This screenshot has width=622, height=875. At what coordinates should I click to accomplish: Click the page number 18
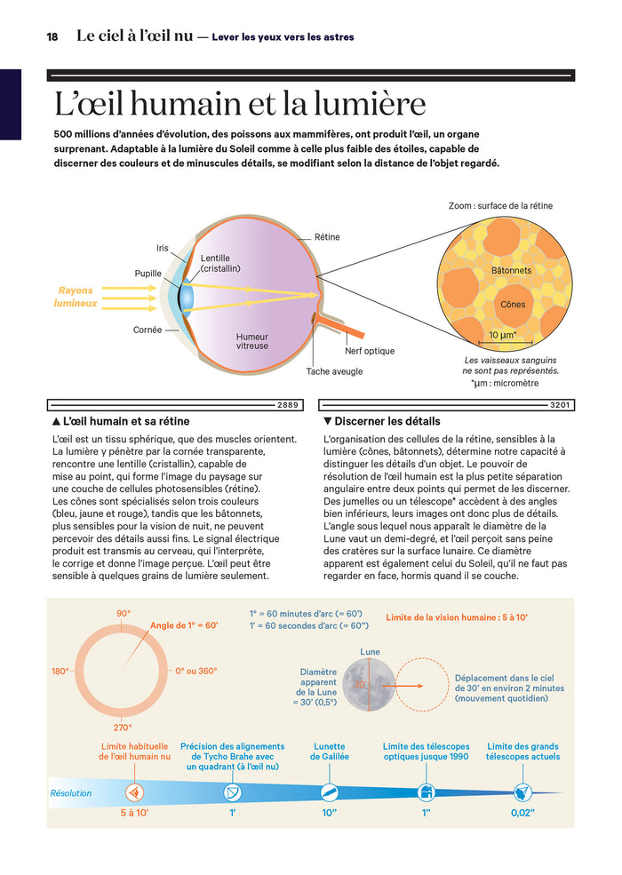pyautogui.click(x=52, y=36)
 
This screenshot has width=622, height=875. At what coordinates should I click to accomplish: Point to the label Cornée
pyautogui.click(x=148, y=330)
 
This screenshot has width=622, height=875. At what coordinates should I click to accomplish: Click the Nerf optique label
pyautogui.click(x=370, y=351)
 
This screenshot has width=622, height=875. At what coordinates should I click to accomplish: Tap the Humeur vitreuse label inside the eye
pyautogui.click(x=251, y=342)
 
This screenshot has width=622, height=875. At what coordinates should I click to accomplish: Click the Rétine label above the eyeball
pyautogui.click(x=327, y=237)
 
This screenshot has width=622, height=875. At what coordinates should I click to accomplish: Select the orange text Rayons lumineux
pyautogui.click(x=76, y=297)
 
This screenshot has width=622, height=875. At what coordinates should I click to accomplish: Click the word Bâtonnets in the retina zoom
pyautogui.click(x=511, y=269)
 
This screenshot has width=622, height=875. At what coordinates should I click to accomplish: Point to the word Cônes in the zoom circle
pyautogui.click(x=513, y=305)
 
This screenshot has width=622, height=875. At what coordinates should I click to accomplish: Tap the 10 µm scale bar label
pyautogui.click(x=504, y=335)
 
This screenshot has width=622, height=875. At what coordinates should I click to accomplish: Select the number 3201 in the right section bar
pyautogui.click(x=560, y=405)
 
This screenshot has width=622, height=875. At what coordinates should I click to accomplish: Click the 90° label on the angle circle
pyautogui.click(x=124, y=614)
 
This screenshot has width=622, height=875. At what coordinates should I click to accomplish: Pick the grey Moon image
pyautogui.click(x=370, y=686)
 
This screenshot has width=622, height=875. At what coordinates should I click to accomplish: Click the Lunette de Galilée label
pyautogui.click(x=330, y=752)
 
